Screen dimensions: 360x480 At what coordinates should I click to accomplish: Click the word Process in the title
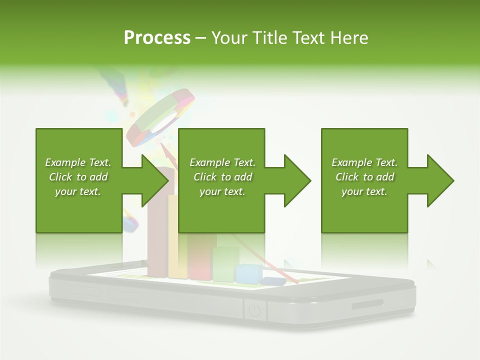[x=157, y=38]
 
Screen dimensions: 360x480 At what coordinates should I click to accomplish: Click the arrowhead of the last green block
[x=440, y=180]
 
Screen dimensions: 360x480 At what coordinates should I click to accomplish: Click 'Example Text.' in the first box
[x=78, y=162]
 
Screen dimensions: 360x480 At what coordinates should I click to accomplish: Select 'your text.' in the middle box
[x=222, y=191]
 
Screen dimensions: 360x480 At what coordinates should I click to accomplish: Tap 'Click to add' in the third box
[x=364, y=177]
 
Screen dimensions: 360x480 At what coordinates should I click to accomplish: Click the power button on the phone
[x=254, y=310]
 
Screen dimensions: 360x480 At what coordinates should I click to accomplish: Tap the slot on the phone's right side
[x=368, y=305]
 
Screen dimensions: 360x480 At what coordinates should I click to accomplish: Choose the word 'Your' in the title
[x=229, y=38]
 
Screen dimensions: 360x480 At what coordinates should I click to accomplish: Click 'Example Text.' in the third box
[x=364, y=162]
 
